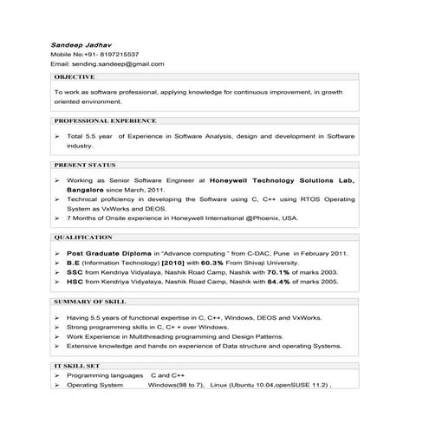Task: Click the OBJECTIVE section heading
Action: [x=75, y=77]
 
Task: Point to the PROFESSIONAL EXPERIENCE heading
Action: [x=105, y=120]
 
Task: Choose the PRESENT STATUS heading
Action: [x=85, y=165]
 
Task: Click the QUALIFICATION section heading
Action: [x=83, y=237]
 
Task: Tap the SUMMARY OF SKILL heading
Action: [x=90, y=301]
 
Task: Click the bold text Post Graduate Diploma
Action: [x=107, y=253]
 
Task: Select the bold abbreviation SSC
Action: [x=75, y=272]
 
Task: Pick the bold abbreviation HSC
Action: [x=75, y=282]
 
